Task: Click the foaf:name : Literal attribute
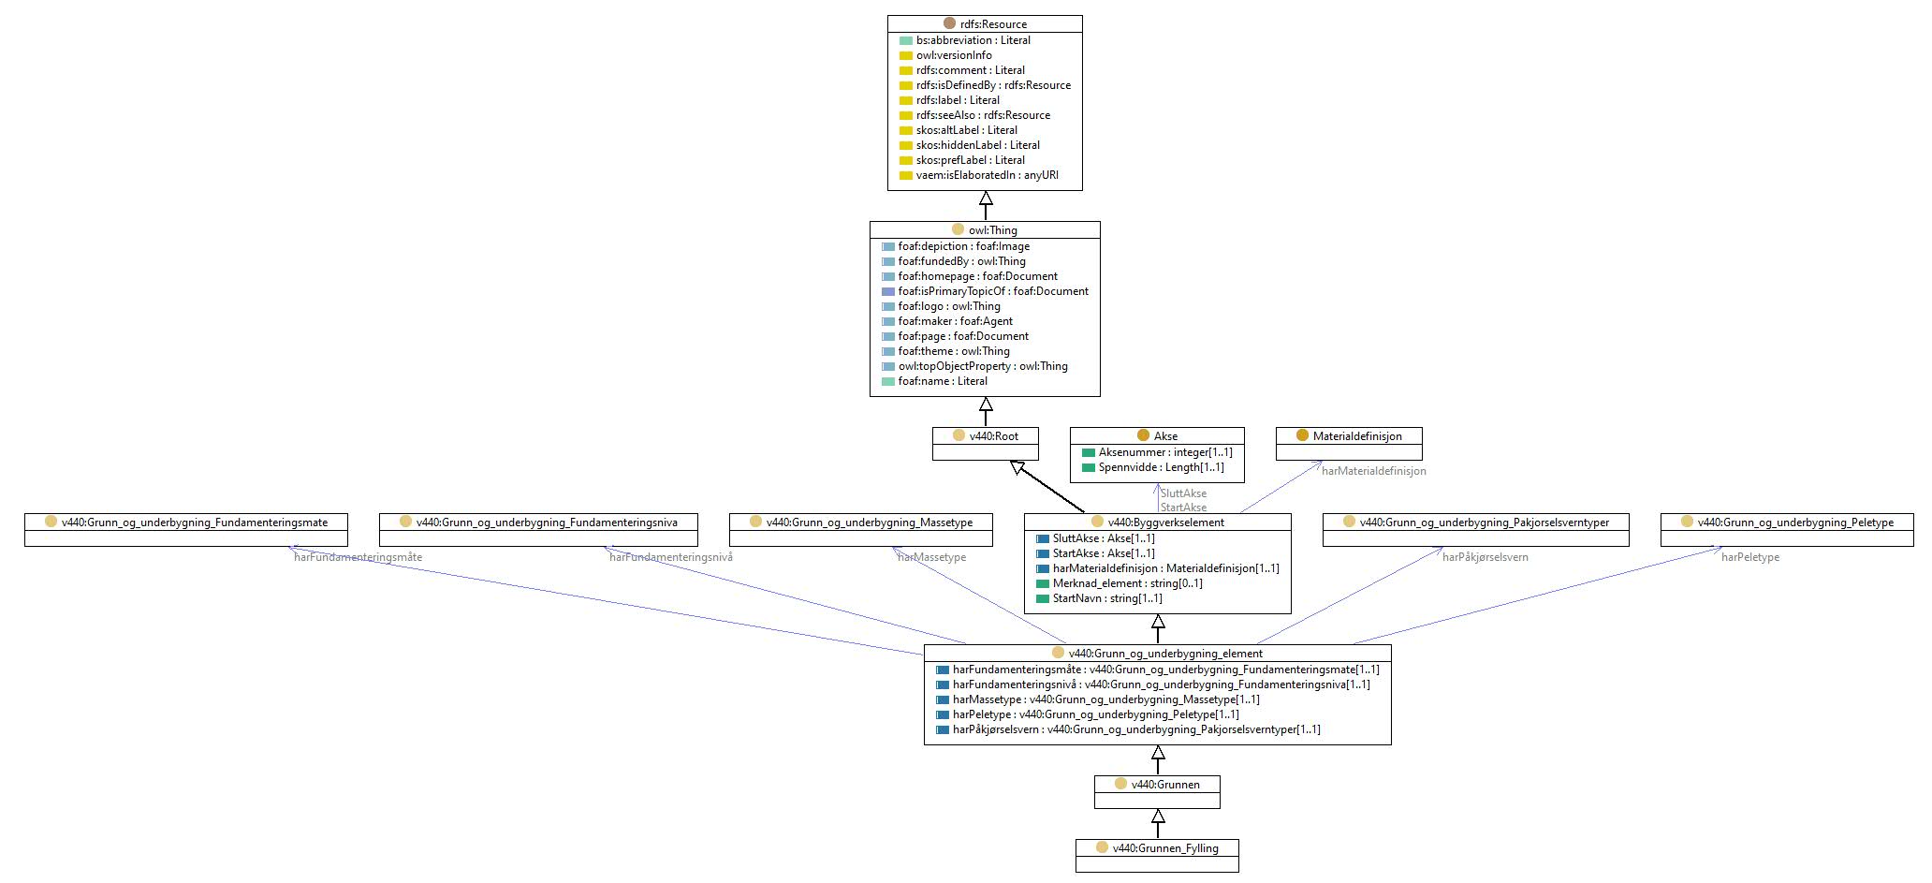point(935,381)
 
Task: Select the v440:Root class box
point(986,444)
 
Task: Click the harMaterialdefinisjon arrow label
point(1374,471)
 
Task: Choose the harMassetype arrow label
point(931,557)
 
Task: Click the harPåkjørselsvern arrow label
point(1486,557)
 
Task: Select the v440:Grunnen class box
point(1157,792)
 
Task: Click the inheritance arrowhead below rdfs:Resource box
point(986,199)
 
